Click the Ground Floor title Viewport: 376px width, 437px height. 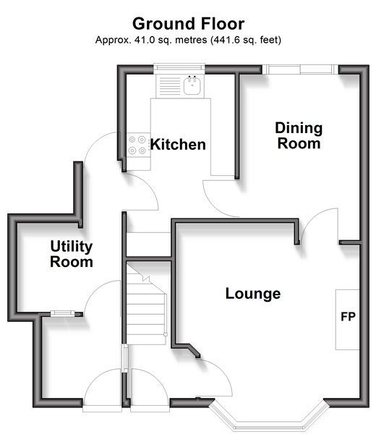[188, 24]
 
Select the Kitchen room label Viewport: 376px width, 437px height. [178, 145]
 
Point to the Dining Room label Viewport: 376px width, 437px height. [299, 136]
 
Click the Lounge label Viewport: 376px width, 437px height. [253, 294]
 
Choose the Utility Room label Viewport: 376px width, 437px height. [72, 254]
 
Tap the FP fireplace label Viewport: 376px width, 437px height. [348, 317]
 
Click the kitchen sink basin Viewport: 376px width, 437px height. [192, 85]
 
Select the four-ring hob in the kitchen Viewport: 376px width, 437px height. [137, 145]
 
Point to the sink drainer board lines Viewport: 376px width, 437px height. [170, 86]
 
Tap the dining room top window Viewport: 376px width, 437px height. [300, 69]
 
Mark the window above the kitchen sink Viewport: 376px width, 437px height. [179, 67]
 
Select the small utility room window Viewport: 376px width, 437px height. [62, 314]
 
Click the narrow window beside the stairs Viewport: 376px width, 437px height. [126, 358]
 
